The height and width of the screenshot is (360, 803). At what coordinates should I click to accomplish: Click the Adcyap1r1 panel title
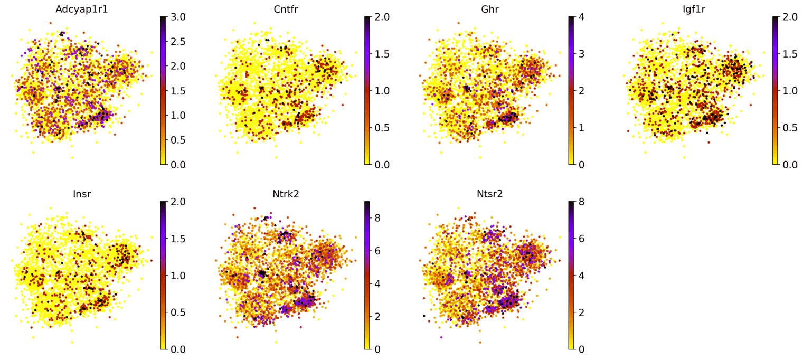click(82, 9)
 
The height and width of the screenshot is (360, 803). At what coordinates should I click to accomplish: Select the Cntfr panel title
click(286, 9)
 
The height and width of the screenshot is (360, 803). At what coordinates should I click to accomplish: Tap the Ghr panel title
click(490, 9)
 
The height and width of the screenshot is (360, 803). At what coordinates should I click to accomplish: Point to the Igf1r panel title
click(694, 9)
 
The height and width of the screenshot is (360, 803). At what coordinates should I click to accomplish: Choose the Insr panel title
click(82, 194)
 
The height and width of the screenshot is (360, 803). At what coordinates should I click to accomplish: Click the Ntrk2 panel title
click(286, 194)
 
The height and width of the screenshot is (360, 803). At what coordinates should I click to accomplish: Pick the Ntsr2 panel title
click(490, 194)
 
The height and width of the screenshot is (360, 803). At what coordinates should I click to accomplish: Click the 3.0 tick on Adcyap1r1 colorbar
click(178, 17)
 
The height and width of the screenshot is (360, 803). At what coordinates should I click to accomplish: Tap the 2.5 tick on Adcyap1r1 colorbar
click(178, 42)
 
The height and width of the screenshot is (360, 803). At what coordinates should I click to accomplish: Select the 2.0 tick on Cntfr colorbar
click(382, 17)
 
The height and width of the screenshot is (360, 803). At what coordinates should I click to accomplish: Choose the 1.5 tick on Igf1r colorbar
click(790, 54)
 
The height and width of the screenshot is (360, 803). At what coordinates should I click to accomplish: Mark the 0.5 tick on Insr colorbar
click(178, 312)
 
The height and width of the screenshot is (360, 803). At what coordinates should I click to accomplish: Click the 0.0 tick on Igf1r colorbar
click(790, 165)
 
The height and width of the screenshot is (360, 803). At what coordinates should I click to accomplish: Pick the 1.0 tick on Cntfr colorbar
click(382, 91)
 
